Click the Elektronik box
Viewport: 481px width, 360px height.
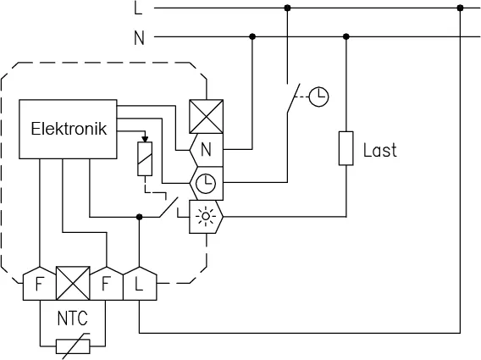tap(68, 129)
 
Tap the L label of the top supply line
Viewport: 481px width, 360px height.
tap(138, 8)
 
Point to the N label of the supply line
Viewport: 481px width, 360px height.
tap(139, 38)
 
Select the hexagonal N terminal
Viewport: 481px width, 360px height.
tap(207, 150)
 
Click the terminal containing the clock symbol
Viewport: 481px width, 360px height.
tap(207, 183)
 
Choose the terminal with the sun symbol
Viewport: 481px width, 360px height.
tap(206, 217)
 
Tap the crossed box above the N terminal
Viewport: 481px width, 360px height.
tap(206, 117)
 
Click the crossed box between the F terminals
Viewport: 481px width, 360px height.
tap(73, 283)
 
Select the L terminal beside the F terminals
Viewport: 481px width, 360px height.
tap(140, 283)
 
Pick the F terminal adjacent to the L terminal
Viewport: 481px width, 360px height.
tap(107, 283)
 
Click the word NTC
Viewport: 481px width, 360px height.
tap(72, 318)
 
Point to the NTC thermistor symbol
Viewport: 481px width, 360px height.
tap(73, 346)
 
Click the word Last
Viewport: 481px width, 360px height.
tap(379, 150)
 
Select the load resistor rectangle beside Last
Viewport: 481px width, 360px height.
tap(346, 148)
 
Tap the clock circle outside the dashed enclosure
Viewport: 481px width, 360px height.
tap(318, 97)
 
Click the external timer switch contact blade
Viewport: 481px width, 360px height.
tap(293, 98)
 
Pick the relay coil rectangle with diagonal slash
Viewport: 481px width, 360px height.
tap(145, 158)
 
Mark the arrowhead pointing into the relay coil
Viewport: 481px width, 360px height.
tap(145, 139)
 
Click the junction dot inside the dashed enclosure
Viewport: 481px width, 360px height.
tap(139, 217)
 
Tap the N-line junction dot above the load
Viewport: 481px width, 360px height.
tap(346, 36)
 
